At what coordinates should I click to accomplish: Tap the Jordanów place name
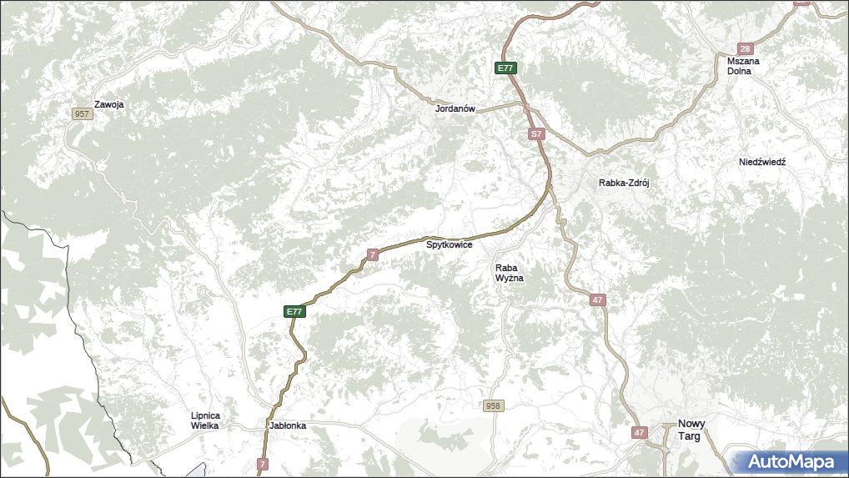pos(455,109)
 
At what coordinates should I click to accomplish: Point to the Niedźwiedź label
pos(762,162)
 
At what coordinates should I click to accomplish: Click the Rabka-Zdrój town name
pos(623,183)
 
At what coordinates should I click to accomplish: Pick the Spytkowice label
pos(450,245)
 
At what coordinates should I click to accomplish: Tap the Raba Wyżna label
pos(509,273)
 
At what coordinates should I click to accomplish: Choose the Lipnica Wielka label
pos(204,420)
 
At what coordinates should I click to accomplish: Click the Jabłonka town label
pos(288,425)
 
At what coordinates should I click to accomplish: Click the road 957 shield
pos(82,113)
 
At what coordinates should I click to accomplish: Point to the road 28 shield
pos(745,49)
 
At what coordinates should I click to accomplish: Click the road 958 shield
pos(493,406)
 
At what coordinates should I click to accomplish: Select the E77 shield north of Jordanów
pos(505,68)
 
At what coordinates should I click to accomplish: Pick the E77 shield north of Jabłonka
pos(294,311)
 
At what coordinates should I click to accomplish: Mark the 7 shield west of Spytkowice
pos(373,254)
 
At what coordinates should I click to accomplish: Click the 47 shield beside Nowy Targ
pos(639,432)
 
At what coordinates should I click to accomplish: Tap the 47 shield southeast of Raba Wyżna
pos(597,299)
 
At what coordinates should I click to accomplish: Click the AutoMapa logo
pos(790,461)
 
